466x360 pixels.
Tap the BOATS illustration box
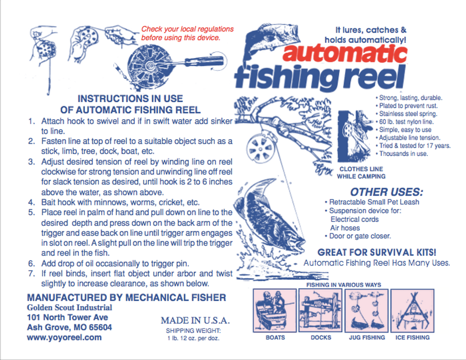click(x=274, y=310)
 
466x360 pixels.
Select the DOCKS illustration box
click(x=320, y=310)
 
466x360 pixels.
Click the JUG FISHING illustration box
click(x=366, y=310)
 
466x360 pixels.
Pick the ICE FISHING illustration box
click(x=412, y=310)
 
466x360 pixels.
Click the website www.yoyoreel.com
click(x=64, y=338)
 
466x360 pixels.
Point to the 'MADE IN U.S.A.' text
click(x=195, y=320)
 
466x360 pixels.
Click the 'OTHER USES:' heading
click(x=386, y=192)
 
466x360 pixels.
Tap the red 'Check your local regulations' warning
click(x=187, y=33)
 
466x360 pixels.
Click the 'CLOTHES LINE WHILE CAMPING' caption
click(x=362, y=172)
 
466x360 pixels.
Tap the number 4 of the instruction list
click(x=32, y=203)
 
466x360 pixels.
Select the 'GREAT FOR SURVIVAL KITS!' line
click(x=377, y=252)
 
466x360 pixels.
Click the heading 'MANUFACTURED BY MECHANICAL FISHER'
click(x=126, y=298)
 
